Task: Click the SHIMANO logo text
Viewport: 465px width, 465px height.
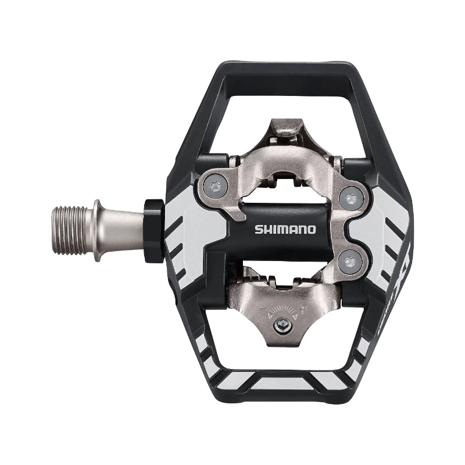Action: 285,229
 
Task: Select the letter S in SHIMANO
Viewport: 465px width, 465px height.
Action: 256,229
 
